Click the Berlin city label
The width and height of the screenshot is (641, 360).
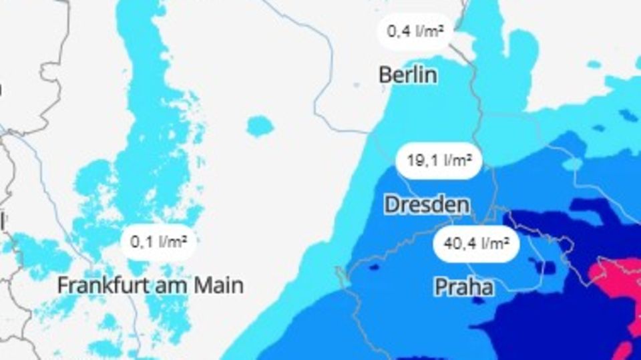pyautogui.click(x=408, y=74)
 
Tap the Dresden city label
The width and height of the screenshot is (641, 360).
pyautogui.click(x=427, y=204)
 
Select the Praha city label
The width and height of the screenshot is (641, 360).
pyautogui.click(x=464, y=287)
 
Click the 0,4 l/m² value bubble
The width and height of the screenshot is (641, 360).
pyautogui.click(x=415, y=31)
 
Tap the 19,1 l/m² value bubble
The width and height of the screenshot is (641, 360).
pyautogui.click(x=439, y=161)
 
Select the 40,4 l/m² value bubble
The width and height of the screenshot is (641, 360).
pyautogui.click(x=476, y=244)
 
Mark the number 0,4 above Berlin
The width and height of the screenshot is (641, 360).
pyautogui.click(x=399, y=31)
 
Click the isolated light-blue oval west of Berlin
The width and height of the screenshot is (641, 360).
pyautogui.click(x=260, y=126)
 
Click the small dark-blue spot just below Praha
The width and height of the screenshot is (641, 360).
pyautogui.click(x=478, y=301)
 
